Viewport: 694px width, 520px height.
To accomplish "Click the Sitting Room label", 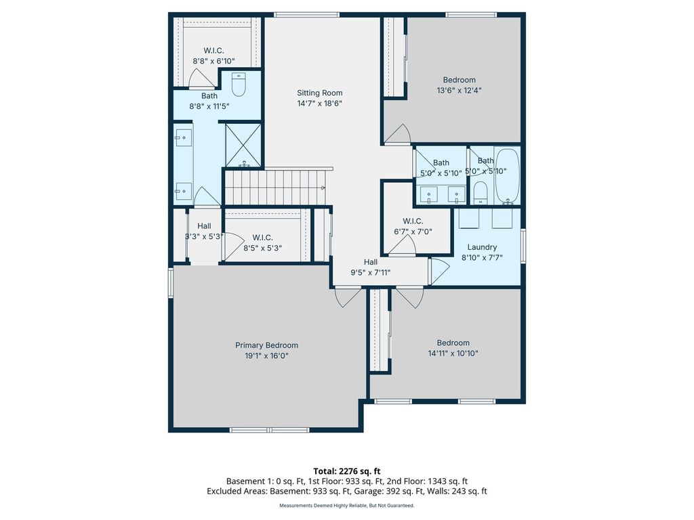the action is point(320,93).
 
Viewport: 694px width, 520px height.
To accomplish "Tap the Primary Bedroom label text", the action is point(266,345).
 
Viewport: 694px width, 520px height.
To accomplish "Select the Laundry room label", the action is point(482,247).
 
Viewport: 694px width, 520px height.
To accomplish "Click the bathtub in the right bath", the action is point(507,176).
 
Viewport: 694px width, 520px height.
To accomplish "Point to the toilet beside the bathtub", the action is point(481,193).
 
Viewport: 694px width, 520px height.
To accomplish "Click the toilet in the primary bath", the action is point(239,85).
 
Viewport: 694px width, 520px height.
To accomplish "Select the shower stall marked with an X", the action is point(243,146).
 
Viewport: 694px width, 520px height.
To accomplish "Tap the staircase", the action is point(275,188).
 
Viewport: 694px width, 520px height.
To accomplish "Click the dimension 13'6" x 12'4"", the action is point(459,91).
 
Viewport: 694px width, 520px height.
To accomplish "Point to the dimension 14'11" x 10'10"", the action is point(453,353).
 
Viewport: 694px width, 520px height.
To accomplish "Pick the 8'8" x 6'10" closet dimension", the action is point(213,61).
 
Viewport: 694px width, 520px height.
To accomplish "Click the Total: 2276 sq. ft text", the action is point(347,471).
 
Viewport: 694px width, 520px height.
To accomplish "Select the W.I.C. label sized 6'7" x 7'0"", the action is point(413,221).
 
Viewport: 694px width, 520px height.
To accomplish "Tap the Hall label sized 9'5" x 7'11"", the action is point(371,262).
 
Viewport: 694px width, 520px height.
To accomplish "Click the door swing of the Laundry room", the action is point(439,272).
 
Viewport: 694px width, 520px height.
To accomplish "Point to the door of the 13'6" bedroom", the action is point(397,135).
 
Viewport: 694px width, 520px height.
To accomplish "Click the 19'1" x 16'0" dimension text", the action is point(266,356).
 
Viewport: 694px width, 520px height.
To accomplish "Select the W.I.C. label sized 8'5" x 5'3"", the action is point(262,238).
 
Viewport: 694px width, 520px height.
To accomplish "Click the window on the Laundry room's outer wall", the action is point(523,246).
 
